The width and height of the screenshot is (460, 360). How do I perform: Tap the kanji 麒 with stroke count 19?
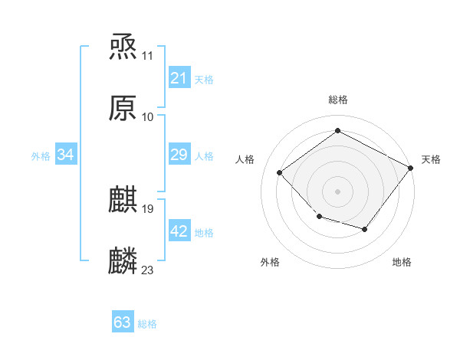(x=123, y=199)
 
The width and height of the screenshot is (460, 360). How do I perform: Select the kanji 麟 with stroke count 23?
(x=123, y=260)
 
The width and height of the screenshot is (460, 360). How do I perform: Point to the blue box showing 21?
(x=179, y=78)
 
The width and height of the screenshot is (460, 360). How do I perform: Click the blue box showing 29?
(x=179, y=155)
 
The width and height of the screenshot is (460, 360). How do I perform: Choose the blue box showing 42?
(x=179, y=231)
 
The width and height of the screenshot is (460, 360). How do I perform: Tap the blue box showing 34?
(x=66, y=155)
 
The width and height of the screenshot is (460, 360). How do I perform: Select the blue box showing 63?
(x=123, y=322)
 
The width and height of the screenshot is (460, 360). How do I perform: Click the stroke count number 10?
(x=148, y=117)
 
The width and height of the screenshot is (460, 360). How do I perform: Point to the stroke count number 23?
(x=148, y=270)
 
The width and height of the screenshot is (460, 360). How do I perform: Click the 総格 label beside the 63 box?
(x=147, y=324)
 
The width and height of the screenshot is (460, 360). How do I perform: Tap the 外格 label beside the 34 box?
(x=41, y=156)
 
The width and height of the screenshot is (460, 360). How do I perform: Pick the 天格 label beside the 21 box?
(x=204, y=80)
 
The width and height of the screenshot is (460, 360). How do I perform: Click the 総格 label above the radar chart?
(x=337, y=100)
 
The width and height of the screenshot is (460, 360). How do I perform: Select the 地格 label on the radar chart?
(x=402, y=262)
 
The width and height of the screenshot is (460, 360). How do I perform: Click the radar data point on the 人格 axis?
(x=280, y=173)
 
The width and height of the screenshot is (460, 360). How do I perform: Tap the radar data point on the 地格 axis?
(x=365, y=229)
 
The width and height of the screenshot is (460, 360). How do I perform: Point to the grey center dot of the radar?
(x=337, y=191)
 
